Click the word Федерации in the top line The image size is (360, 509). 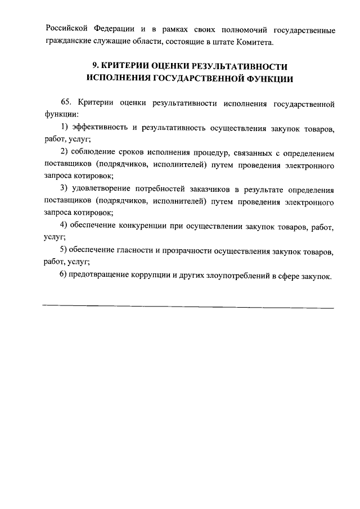106,29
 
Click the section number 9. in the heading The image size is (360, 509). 96,67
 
